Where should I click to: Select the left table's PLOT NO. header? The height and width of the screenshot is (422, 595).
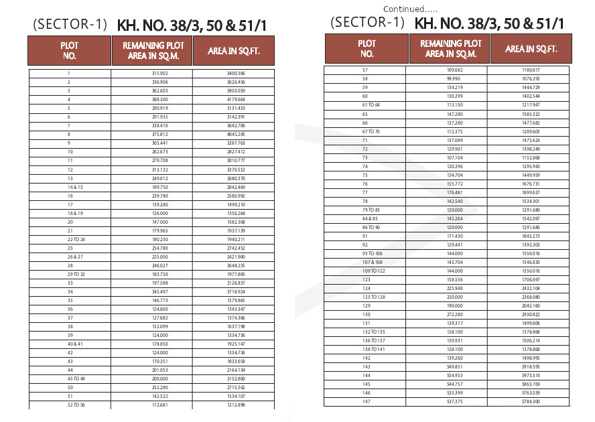(70, 50)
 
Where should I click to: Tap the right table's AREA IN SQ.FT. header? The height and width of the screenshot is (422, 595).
(531, 49)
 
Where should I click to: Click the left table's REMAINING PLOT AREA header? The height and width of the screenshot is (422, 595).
(152, 50)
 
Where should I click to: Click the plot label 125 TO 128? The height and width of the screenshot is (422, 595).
(375, 297)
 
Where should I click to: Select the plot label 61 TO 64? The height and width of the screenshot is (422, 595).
(371, 104)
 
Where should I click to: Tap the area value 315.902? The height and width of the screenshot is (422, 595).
(160, 73)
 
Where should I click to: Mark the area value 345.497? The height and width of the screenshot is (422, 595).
(160, 291)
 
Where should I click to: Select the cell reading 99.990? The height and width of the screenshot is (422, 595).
(456, 78)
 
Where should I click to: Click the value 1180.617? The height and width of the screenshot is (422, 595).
(530, 70)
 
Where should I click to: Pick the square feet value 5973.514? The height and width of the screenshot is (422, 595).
(530, 375)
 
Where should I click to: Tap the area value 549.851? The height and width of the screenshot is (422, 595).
(455, 366)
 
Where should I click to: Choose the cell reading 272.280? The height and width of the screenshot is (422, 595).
(455, 314)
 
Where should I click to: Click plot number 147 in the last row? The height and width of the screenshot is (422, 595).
(366, 401)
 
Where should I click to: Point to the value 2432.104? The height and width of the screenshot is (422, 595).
(530, 288)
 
